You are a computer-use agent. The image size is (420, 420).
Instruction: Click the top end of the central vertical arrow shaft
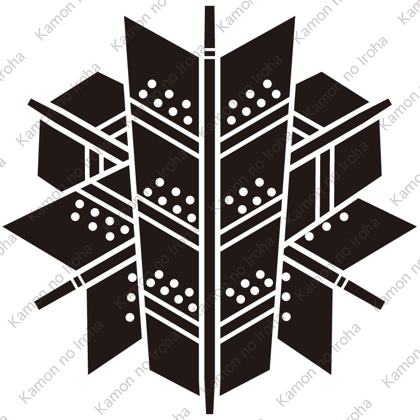210,7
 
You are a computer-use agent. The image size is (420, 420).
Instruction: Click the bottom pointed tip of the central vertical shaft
210,413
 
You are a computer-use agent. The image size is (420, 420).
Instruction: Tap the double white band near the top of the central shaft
210,53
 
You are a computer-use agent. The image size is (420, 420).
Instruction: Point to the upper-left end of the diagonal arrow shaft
30,102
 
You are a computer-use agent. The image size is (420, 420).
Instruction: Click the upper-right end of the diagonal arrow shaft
389,102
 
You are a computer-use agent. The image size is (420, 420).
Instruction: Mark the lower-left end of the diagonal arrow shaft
37,306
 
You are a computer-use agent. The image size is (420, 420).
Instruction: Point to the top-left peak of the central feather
125,17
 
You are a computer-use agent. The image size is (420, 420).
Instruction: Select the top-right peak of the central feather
294,17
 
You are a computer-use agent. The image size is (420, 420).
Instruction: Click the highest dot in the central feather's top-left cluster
152,84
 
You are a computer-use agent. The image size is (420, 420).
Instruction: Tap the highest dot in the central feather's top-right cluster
267,84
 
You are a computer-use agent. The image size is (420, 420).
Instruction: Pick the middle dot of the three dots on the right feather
326,226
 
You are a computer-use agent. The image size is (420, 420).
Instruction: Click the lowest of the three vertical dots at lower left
130,317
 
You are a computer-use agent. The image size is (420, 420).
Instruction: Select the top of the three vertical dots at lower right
286,277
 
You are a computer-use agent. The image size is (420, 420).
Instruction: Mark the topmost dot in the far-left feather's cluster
79,204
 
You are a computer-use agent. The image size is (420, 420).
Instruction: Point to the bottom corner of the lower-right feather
331,374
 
